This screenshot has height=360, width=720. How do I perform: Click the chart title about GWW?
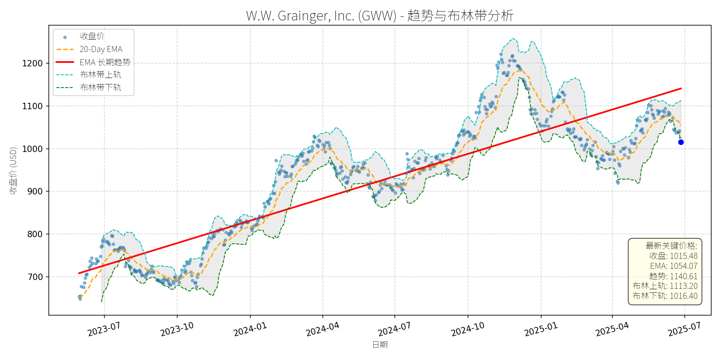point(380,16)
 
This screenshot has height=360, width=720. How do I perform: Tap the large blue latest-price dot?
point(681,142)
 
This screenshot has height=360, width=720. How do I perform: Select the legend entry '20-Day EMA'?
point(101,49)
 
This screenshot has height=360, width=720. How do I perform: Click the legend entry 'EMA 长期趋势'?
point(105,62)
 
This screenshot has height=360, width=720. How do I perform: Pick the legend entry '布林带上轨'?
point(100,75)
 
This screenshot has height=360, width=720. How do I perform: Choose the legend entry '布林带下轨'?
point(100,87)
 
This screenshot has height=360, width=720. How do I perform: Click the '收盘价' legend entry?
point(92,36)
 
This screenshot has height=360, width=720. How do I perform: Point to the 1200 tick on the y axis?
point(32,63)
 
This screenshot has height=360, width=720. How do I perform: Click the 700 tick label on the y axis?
point(35,277)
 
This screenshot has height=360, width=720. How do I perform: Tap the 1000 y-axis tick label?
point(32,149)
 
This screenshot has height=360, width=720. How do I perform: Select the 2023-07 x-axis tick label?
point(104,329)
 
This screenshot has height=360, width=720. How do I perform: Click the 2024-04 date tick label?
point(322,329)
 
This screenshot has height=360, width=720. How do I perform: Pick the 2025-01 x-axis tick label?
point(541,329)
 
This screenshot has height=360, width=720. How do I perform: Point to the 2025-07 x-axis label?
point(684,329)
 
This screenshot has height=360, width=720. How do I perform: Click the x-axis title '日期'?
point(380,345)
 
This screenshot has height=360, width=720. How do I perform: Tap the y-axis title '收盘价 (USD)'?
point(13,170)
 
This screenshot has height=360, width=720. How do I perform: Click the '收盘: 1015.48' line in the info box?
point(673,256)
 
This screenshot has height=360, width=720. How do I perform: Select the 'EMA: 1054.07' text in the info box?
point(674,266)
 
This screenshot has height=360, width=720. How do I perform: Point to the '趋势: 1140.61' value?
point(673,276)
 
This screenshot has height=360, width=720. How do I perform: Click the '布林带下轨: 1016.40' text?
point(665,296)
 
